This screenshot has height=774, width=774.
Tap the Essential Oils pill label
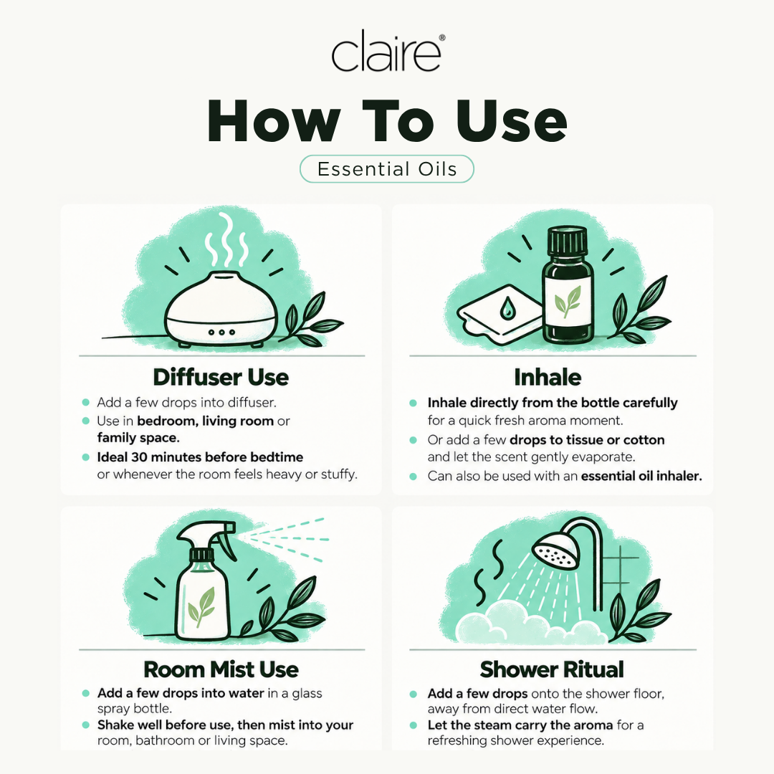(x=387, y=169)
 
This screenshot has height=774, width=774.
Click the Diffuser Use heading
(x=221, y=377)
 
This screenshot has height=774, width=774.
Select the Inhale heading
(x=548, y=377)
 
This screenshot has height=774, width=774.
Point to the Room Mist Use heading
(x=221, y=669)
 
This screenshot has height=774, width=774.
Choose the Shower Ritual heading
(x=552, y=669)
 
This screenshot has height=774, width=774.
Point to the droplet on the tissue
(x=507, y=309)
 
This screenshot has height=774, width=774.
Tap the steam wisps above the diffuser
(x=226, y=240)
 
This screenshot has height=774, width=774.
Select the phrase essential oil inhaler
(x=641, y=476)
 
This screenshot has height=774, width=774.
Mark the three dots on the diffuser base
(x=221, y=333)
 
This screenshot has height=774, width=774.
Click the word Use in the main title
(x=512, y=121)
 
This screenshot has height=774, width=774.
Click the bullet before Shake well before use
(x=86, y=725)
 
